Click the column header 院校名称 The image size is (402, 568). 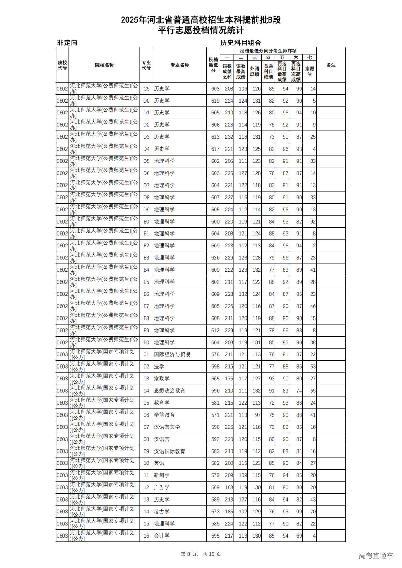pos(104,65)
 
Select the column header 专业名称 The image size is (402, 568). pos(180,65)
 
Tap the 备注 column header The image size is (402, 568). pos(331,65)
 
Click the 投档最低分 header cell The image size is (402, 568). pos(213,65)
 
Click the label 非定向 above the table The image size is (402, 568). pos(67,43)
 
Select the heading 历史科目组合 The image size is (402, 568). pos(241,43)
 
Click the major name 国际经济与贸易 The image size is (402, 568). pos(172,354)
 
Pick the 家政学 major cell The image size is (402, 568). pos(162,379)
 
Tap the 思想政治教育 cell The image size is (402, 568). pos(170,391)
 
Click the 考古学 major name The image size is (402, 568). pos(162,512)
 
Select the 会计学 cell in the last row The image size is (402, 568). pos(162,536)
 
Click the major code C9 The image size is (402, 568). pos(146,89)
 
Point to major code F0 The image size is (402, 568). pos(146,342)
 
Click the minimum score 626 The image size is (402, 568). pos(215,258)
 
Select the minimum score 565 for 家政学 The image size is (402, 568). pos(215,379)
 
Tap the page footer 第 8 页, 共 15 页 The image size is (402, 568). pos(201,554)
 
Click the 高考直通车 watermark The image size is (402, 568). pos(376,556)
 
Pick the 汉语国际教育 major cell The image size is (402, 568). pos(170,451)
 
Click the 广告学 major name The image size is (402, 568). pos(162,487)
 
